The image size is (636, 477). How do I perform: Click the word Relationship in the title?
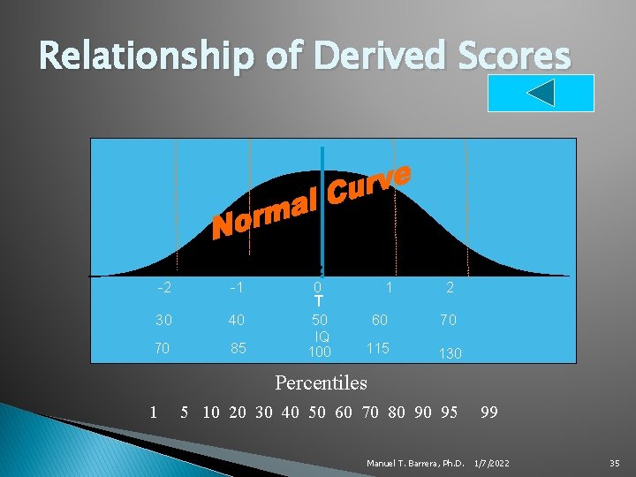(147, 57)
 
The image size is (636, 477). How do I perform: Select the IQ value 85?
(238, 348)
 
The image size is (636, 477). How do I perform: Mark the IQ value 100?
(319, 352)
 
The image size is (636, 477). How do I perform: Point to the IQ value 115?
(378, 348)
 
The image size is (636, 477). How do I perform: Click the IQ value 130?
(450, 352)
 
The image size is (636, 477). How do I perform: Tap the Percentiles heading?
(321, 383)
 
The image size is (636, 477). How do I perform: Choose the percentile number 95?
(449, 412)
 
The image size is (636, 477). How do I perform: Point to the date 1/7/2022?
(492, 463)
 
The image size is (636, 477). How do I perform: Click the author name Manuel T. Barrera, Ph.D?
(413, 463)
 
